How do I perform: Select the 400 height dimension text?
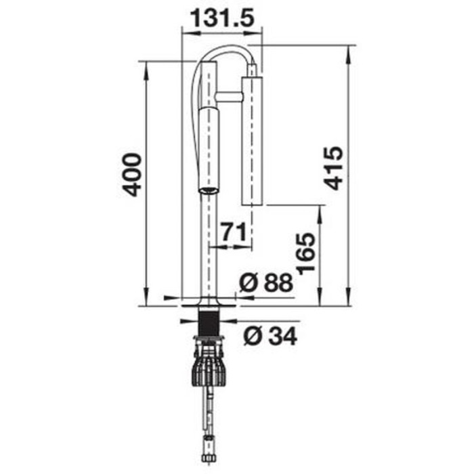[x=131, y=175]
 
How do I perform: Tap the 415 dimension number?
[x=333, y=169]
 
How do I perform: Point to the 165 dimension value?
[x=305, y=254]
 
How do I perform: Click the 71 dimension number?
[x=233, y=232]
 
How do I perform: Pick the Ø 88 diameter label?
[x=266, y=282]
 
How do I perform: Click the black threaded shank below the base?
[x=209, y=322]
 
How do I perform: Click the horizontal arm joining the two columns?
[x=230, y=98]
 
